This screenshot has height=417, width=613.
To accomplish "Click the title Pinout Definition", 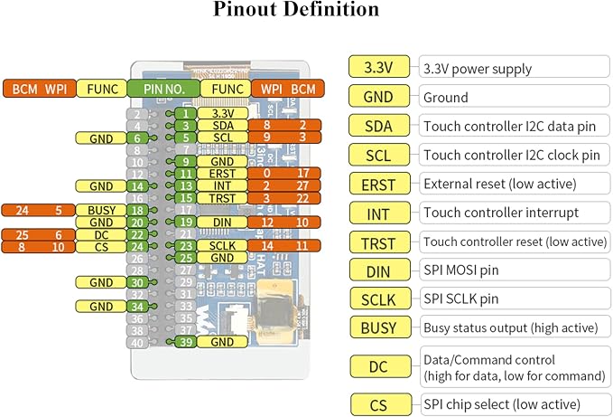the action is (296, 9).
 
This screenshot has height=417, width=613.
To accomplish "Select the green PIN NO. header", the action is (163, 89).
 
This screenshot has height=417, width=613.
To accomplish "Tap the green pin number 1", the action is (186, 114).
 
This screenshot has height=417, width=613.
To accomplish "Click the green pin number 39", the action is (186, 342).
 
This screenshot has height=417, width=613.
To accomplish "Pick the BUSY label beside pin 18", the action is (101, 210).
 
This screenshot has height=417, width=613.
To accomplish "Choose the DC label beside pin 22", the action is (101, 234).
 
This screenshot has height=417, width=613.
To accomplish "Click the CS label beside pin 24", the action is (101, 247).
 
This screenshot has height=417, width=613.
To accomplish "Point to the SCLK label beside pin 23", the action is (222, 245).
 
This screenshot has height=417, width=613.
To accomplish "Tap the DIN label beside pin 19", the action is (222, 222).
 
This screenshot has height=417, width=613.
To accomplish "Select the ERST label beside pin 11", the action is (222, 174).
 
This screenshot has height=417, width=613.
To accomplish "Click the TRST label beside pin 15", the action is (222, 198).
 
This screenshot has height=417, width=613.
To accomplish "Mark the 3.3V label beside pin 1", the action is (222, 114).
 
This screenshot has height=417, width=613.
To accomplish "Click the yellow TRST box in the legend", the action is (379, 242).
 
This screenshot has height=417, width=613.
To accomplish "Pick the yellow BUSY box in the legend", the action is (379, 327).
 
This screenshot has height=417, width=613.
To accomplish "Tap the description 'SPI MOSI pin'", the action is (461, 270).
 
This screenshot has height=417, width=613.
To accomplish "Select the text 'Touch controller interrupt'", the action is (501, 213).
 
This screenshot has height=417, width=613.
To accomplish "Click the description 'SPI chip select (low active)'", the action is (502, 404).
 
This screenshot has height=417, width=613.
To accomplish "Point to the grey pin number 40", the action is (137, 343).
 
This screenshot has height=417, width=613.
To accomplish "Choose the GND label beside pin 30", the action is (101, 282).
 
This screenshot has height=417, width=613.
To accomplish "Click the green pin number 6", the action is (137, 138).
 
